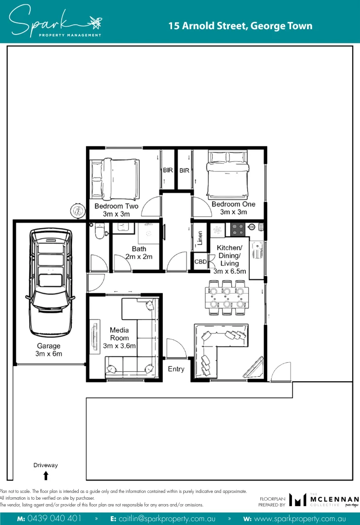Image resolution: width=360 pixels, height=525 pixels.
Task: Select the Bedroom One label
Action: pos(233,208)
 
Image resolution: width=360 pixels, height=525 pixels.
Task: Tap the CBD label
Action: pos(200,262)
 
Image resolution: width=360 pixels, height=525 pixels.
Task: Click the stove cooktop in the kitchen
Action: pos(238,229)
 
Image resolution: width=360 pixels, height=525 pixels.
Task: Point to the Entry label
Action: pos(176,369)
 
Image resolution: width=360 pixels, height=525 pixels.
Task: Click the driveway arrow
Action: pos(46,475)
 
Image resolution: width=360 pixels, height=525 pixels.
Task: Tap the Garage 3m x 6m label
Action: pos(49,350)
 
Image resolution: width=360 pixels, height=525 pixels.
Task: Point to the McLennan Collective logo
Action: pos(323,500)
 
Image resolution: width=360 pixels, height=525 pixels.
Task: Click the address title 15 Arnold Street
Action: pos(240,26)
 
